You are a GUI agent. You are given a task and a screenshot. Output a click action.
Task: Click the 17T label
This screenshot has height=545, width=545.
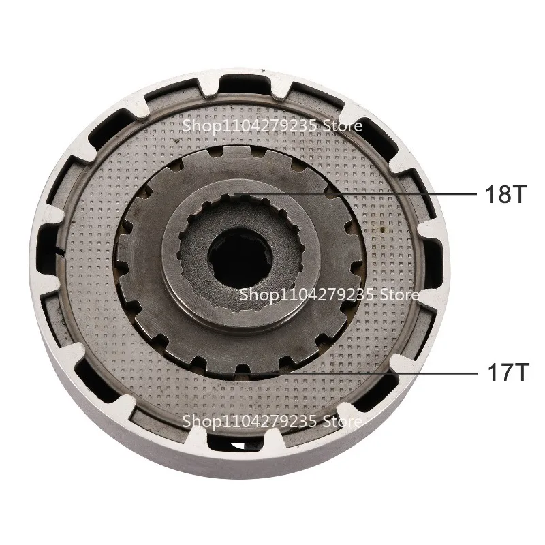(x=505, y=374)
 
